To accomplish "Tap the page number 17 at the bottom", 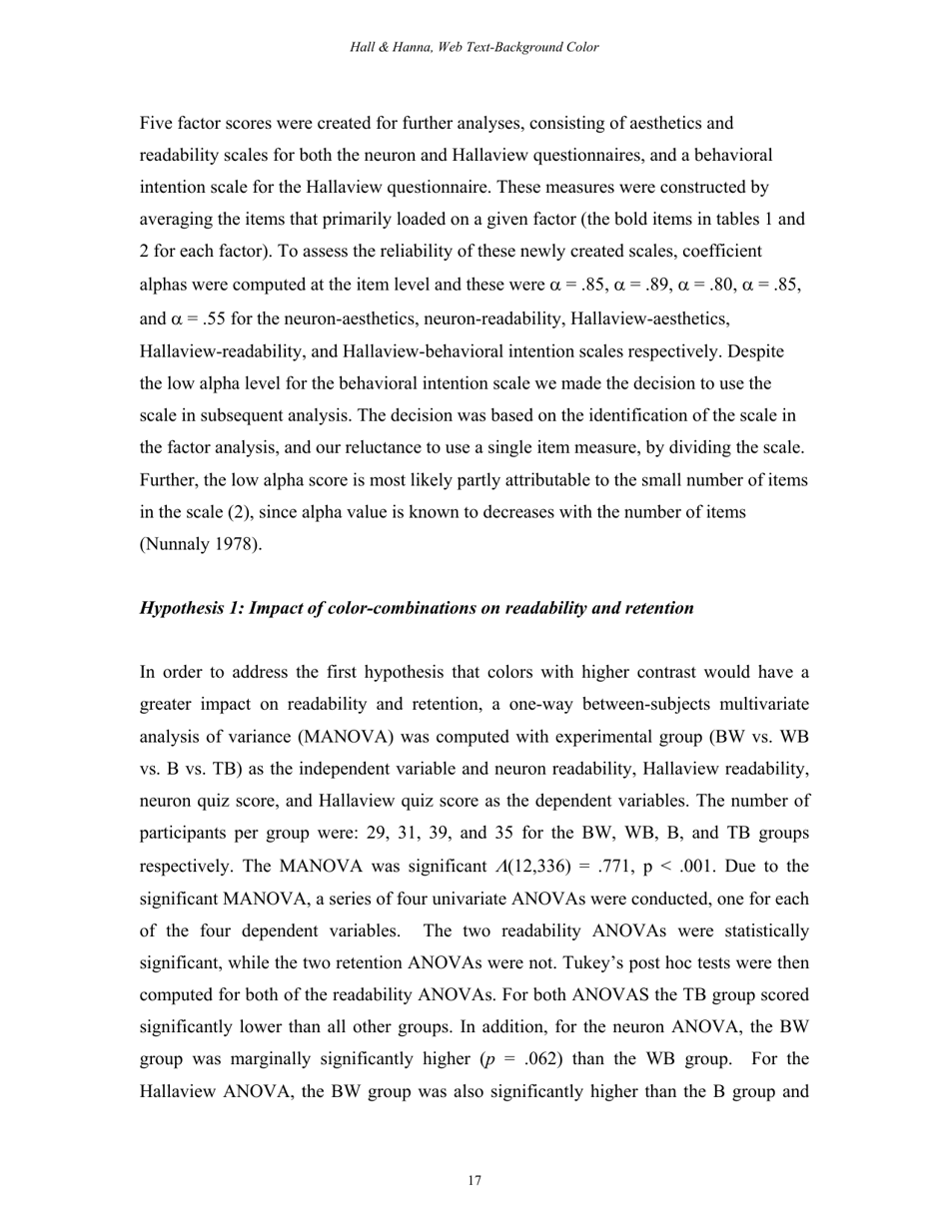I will (x=474, y=1181).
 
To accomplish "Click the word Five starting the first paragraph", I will (x=157, y=124).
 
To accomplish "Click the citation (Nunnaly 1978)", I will (x=201, y=545).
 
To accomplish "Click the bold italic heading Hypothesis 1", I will (x=417, y=608).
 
